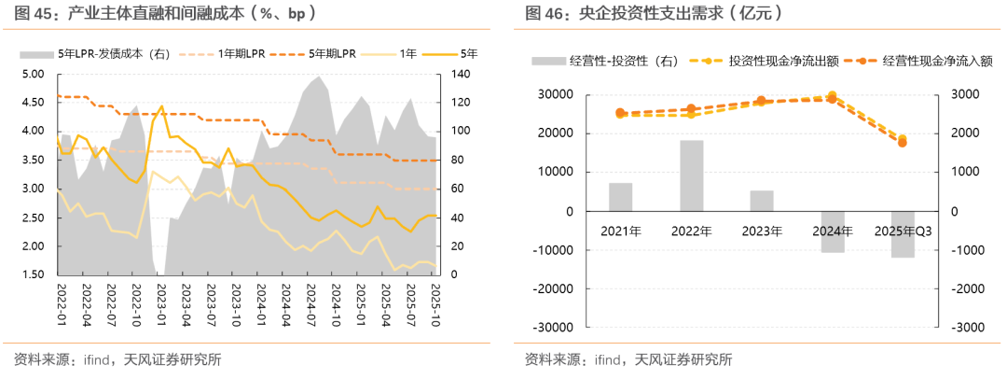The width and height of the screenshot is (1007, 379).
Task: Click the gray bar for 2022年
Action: [692, 175]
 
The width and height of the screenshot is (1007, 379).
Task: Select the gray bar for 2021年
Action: [621, 197]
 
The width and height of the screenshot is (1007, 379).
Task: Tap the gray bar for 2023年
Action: [762, 201]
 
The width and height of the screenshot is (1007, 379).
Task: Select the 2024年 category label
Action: [832, 231]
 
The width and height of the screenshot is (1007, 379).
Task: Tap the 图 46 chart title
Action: [654, 14]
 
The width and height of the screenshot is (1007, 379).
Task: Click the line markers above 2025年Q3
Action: [902, 141]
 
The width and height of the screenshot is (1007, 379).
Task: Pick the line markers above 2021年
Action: [621, 114]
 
